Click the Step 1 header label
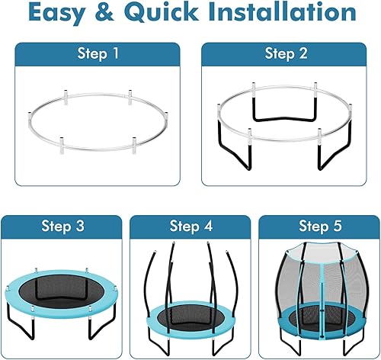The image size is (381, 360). pyautogui.click(x=97, y=53)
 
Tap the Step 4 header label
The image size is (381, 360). pyautogui.click(x=190, y=227)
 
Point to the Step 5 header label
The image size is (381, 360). pyautogui.click(x=319, y=227)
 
